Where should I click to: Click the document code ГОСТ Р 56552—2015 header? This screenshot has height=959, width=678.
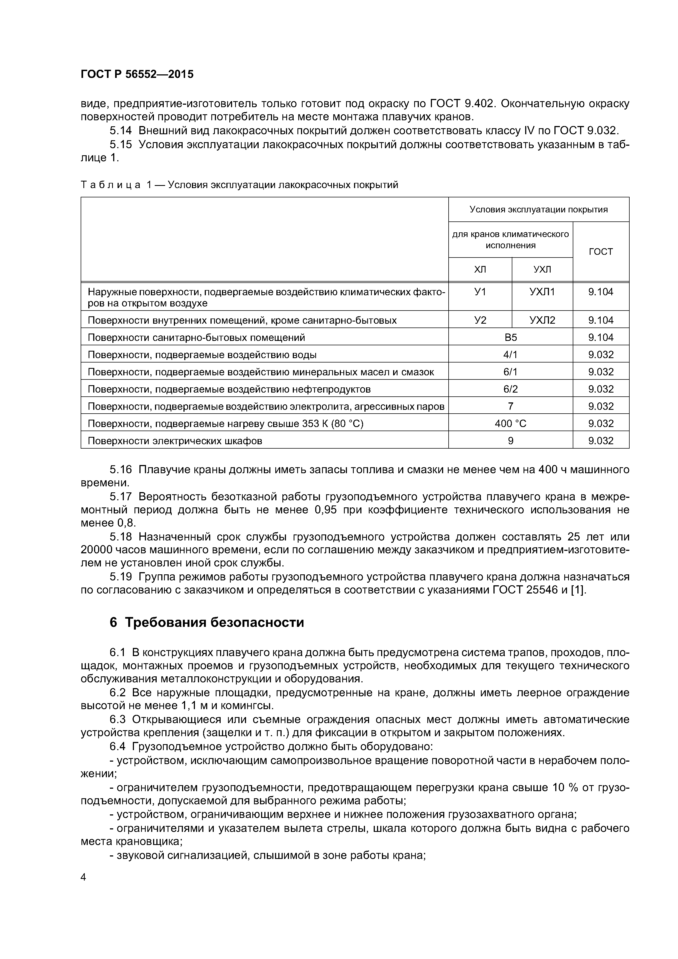[137, 74]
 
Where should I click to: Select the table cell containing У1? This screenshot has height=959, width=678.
[480, 292]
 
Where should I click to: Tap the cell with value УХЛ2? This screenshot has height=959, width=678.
[542, 320]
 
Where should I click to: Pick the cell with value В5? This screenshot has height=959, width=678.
[510, 338]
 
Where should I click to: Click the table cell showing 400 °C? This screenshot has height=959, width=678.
[510, 423]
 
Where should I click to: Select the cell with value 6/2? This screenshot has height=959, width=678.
[510, 389]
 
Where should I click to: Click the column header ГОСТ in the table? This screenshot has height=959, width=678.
[600, 252]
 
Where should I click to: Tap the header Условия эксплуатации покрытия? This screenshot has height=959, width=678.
[539, 210]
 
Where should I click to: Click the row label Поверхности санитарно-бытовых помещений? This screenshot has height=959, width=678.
[196, 338]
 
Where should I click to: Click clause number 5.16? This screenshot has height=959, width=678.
[121, 470]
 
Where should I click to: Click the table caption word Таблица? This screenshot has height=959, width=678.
[110, 185]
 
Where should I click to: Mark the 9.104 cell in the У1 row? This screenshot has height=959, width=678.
[600, 292]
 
